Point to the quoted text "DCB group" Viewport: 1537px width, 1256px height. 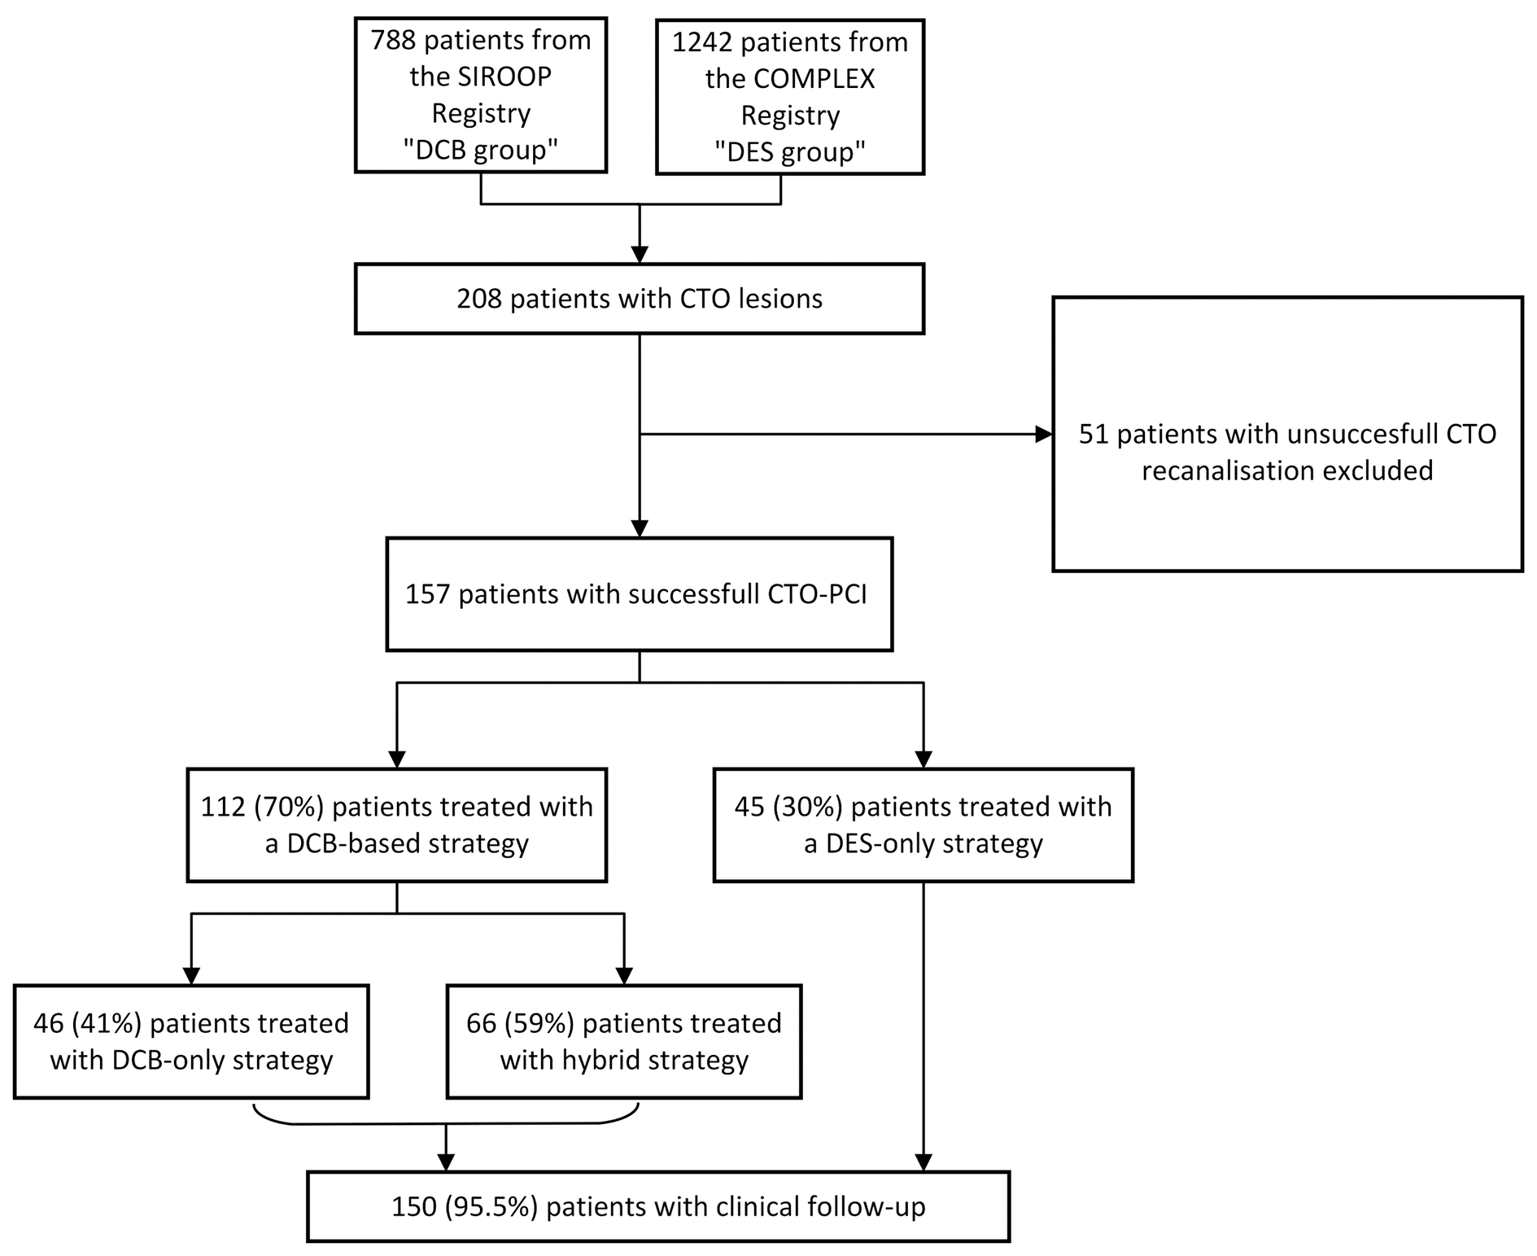pyautogui.click(x=481, y=150)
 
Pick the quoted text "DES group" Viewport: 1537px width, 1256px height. pyautogui.click(x=790, y=152)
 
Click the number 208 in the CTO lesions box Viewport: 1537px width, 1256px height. pyautogui.click(x=479, y=299)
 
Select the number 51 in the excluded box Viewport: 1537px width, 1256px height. pyautogui.click(x=1094, y=434)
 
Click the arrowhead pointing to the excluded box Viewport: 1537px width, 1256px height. pyautogui.click(x=1043, y=435)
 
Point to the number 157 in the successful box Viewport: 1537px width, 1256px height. pyautogui.click(x=427, y=594)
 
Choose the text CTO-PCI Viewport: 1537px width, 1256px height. pyautogui.click(x=817, y=594)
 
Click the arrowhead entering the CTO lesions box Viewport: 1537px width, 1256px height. pyautogui.click(x=640, y=255)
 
